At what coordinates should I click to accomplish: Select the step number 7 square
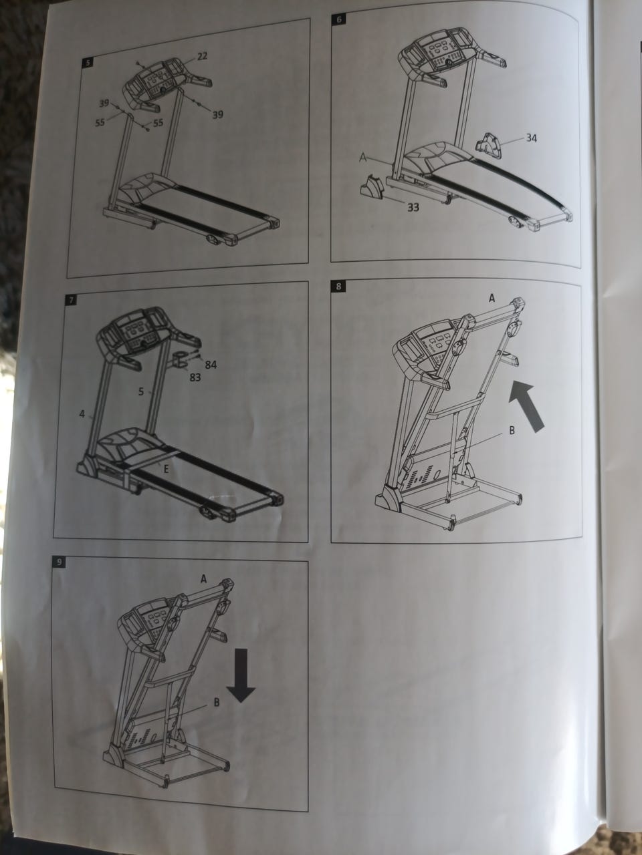point(71,300)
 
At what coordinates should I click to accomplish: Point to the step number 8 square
point(338,287)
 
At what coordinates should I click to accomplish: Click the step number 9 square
point(59,562)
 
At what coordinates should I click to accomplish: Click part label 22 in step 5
point(201,56)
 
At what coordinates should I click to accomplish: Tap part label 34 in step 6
point(531,138)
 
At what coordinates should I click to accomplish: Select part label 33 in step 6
point(413,208)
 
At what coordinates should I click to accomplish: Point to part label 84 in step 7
point(211,365)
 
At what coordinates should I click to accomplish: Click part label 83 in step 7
point(195,377)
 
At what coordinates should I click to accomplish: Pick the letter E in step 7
point(166,469)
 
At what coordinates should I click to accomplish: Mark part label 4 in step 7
point(82,414)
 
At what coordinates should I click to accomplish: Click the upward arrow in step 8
point(528,405)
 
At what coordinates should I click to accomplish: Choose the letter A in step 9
point(203,579)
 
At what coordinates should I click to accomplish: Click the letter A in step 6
point(363,158)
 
